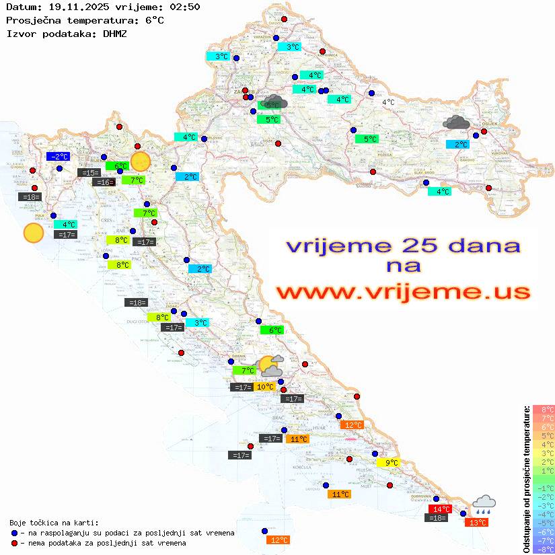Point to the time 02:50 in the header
184,7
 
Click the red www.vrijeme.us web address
403,292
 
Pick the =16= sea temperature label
104,182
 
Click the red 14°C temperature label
441,509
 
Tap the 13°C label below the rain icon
478,522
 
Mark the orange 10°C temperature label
265,387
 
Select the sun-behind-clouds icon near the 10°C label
270,367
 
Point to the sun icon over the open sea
33,233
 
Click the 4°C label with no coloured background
388,102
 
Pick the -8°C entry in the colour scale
543,549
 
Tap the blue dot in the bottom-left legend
15,533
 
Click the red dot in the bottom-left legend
15,543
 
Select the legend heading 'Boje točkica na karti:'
54,523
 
